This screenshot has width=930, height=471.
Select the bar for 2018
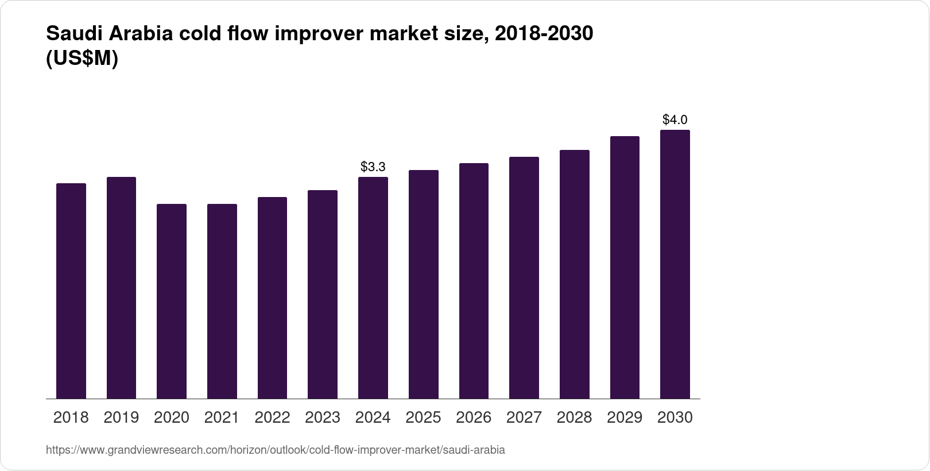[71, 291]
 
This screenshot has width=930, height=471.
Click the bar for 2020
[171, 301]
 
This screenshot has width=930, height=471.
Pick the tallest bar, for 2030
[675, 264]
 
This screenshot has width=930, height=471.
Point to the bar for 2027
[524, 277]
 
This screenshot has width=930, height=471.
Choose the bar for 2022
[272, 298]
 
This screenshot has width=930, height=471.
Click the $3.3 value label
[373, 167]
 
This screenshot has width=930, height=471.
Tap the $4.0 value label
[675, 119]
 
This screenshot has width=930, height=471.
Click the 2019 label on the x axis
[121, 418]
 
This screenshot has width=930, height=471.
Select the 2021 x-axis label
[222, 418]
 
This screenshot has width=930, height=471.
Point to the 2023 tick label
[322, 418]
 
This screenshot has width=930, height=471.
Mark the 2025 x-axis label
[423, 418]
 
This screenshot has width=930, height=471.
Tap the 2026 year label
[474, 418]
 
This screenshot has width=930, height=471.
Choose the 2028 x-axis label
[574, 418]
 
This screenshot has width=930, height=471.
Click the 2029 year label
[625, 418]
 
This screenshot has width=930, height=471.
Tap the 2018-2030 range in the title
[544, 34]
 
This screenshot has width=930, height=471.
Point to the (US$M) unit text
[82, 58]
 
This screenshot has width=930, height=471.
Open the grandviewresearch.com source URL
[275, 450]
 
